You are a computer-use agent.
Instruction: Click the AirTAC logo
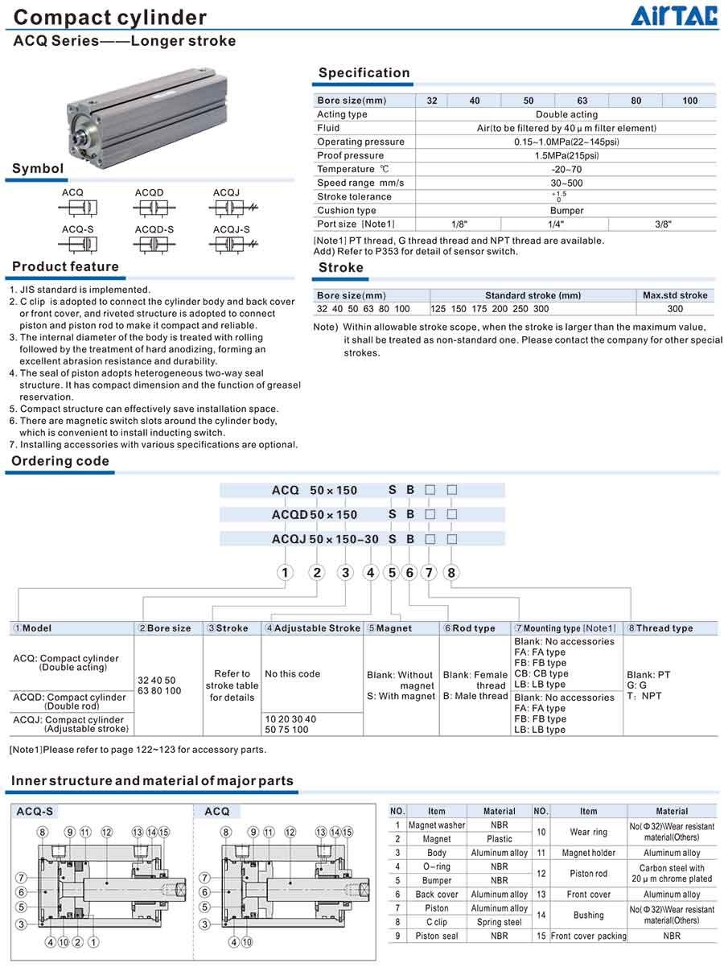tap(673, 15)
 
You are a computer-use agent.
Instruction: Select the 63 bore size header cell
tap(582, 101)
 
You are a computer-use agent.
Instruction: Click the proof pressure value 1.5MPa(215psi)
tap(566, 155)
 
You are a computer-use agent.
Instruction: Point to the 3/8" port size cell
tap(662, 224)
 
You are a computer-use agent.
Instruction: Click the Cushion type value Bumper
tap(566, 211)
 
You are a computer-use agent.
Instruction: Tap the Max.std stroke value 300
tap(675, 309)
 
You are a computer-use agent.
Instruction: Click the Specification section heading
tap(364, 73)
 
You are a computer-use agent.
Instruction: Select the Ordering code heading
tap(60, 462)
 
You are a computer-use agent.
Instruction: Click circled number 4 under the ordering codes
tap(370, 573)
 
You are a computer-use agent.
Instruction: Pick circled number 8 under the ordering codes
tap(451, 573)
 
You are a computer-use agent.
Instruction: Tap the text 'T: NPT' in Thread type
tap(644, 696)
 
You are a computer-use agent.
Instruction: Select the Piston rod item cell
tap(588, 874)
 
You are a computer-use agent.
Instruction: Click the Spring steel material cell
tap(499, 922)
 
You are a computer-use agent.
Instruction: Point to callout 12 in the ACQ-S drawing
tap(107, 832)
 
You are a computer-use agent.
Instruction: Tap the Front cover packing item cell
tap(588, 936)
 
